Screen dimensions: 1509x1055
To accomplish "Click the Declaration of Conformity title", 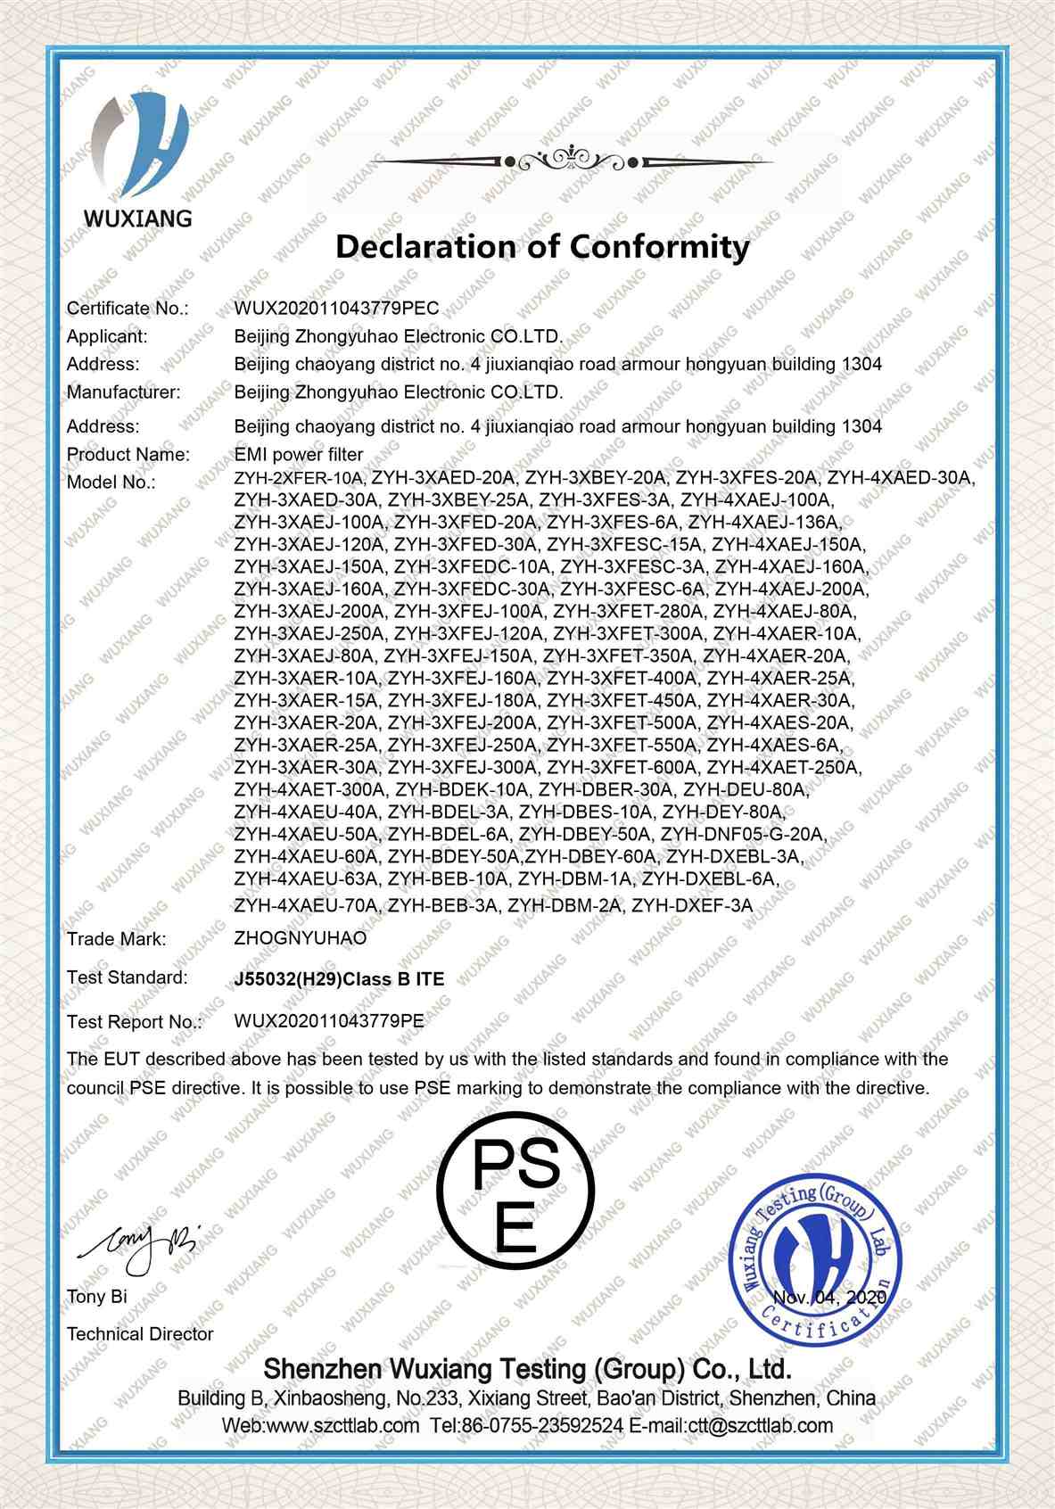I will pos(542,247).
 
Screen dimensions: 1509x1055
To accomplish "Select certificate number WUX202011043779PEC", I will pos(336,309).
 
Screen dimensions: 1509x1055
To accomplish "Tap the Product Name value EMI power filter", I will pos(299,455).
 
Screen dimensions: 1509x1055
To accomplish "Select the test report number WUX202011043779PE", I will pos(329,1021).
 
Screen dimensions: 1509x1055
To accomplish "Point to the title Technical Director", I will pos(140,1334).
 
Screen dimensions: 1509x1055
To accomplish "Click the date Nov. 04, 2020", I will pos(831,1297).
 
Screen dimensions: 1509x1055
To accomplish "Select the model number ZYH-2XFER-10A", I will pos(299,478).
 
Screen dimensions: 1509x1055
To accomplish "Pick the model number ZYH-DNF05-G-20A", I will pos(746,835).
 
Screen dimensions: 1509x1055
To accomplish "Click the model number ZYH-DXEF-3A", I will pos(692,906).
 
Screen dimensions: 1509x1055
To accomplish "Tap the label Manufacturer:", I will pos(123,392).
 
